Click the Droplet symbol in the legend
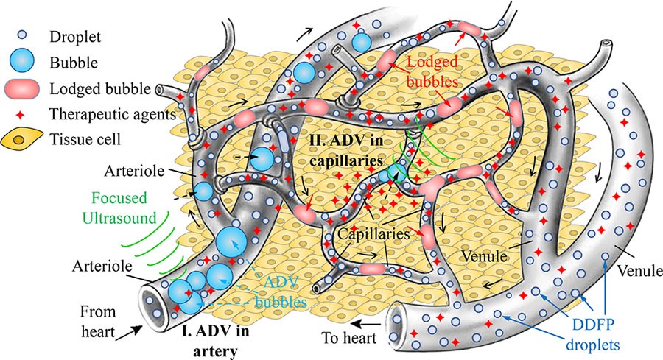tap(21, 35)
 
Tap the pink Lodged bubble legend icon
tap(22, 89)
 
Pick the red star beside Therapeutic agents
tap(19, 115)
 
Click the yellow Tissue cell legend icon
tap(21, 139)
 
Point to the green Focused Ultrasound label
tap(119, 208)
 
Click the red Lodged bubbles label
tap(432, 71)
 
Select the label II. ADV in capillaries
tap(346, 150)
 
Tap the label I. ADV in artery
tap(216, 341)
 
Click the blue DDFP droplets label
tap(593, 334)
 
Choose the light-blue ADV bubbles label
tap(281, 292)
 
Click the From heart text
tap(98, 322)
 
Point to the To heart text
tap(349, 338)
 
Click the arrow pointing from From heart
tap(128, 333)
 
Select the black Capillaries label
tap(373, 233)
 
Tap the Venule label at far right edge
tap(639, 270)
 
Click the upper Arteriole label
tap(134, 171)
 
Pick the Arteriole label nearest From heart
tap(102, 267)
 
